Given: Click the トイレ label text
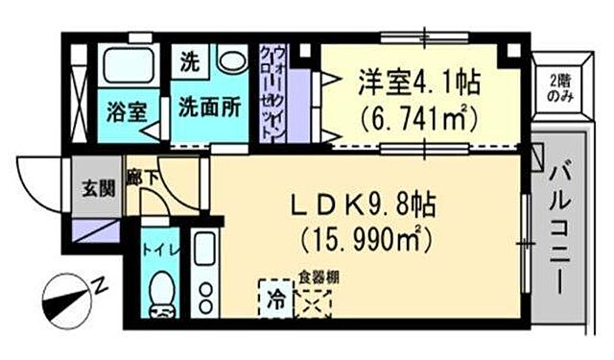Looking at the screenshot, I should pyautogui.click(x=157, y=252).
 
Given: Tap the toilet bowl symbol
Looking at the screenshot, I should pyautogui.click(x=164, y=291).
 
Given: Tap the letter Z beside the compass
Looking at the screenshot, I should pyautogui.click(x=100, y=285).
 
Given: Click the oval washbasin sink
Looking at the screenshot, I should pyautogui.click(x=231, y=61).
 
